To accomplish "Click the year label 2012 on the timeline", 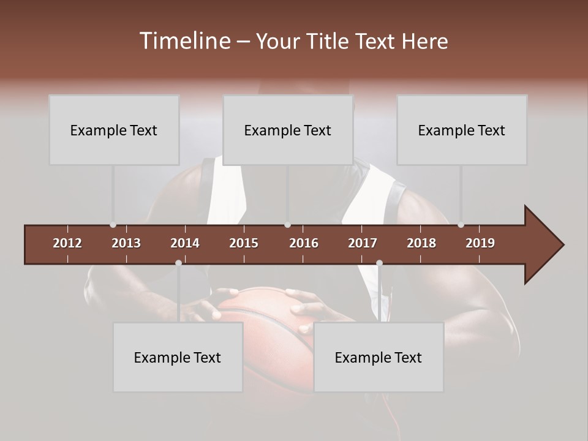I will [67, 243].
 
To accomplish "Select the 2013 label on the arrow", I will [126, 243].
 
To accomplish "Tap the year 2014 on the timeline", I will [185, 243].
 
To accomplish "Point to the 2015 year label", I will [244, 243].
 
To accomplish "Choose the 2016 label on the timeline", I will [304, 243].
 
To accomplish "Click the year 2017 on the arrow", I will [363, 243].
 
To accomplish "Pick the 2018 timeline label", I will [421, 243].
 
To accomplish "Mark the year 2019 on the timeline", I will [480, 243].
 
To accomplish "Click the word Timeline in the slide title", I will [184, 41].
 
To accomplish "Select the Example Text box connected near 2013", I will [114, 130].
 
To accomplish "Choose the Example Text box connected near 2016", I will [288, 130].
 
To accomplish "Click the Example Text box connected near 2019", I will [462, 130].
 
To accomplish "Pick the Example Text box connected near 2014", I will [178, 357].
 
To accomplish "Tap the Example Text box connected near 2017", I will [379, 357].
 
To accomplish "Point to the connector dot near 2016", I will [288, 225].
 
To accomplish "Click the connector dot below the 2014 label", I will [178, 263].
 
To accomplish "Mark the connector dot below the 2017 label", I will [379, 263].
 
